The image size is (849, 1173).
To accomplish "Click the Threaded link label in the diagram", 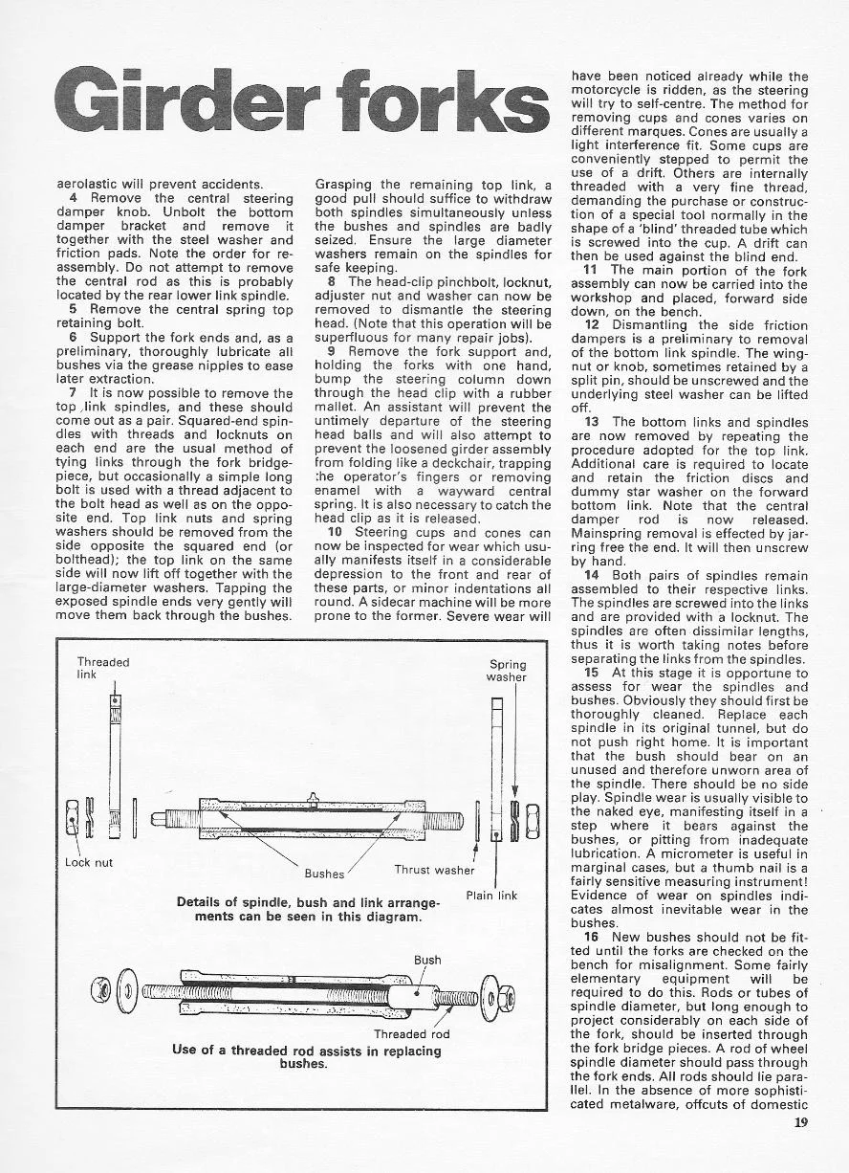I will click(103, 668).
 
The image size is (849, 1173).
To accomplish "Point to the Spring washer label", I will click(507, 671).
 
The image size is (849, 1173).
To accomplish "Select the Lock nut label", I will click(89, 862).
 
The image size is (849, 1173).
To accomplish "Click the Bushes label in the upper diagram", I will click(324, 874).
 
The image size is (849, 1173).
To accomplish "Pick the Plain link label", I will click(491, 896).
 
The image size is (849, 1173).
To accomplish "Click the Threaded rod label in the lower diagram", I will click(411, 1033).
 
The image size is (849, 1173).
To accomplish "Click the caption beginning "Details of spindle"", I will click(309, 909).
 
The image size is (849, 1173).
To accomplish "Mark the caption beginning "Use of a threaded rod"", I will click(307, 1056).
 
